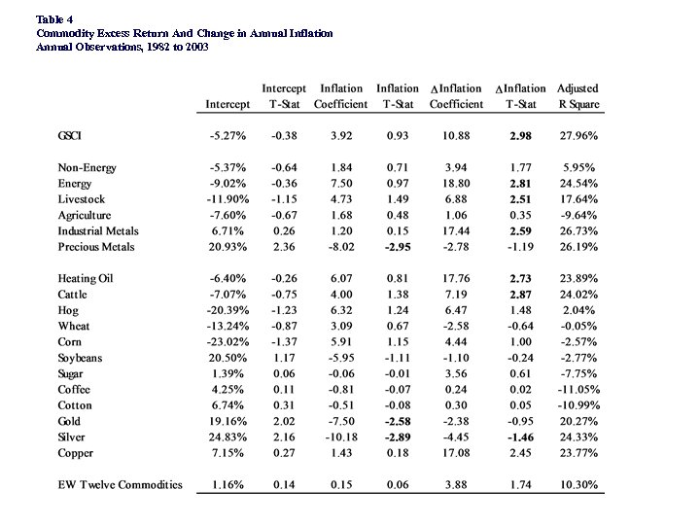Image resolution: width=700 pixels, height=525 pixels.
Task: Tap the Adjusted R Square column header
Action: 578,96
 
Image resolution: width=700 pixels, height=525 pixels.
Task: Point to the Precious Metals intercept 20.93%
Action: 229,247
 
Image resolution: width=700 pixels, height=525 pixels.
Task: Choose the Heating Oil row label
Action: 86,278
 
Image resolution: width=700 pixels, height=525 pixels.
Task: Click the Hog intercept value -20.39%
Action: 227,310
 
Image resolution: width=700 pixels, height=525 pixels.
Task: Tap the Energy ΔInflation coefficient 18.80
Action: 456,184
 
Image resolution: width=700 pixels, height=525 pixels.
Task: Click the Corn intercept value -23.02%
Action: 227,342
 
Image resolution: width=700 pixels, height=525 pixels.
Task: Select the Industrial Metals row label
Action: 98,231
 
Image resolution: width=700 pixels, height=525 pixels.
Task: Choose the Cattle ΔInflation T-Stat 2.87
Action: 521,295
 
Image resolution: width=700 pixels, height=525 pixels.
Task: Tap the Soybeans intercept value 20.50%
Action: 229,358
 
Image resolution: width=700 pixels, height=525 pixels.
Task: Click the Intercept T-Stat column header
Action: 285,96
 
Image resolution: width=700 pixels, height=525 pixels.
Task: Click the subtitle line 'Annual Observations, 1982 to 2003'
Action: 122,47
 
